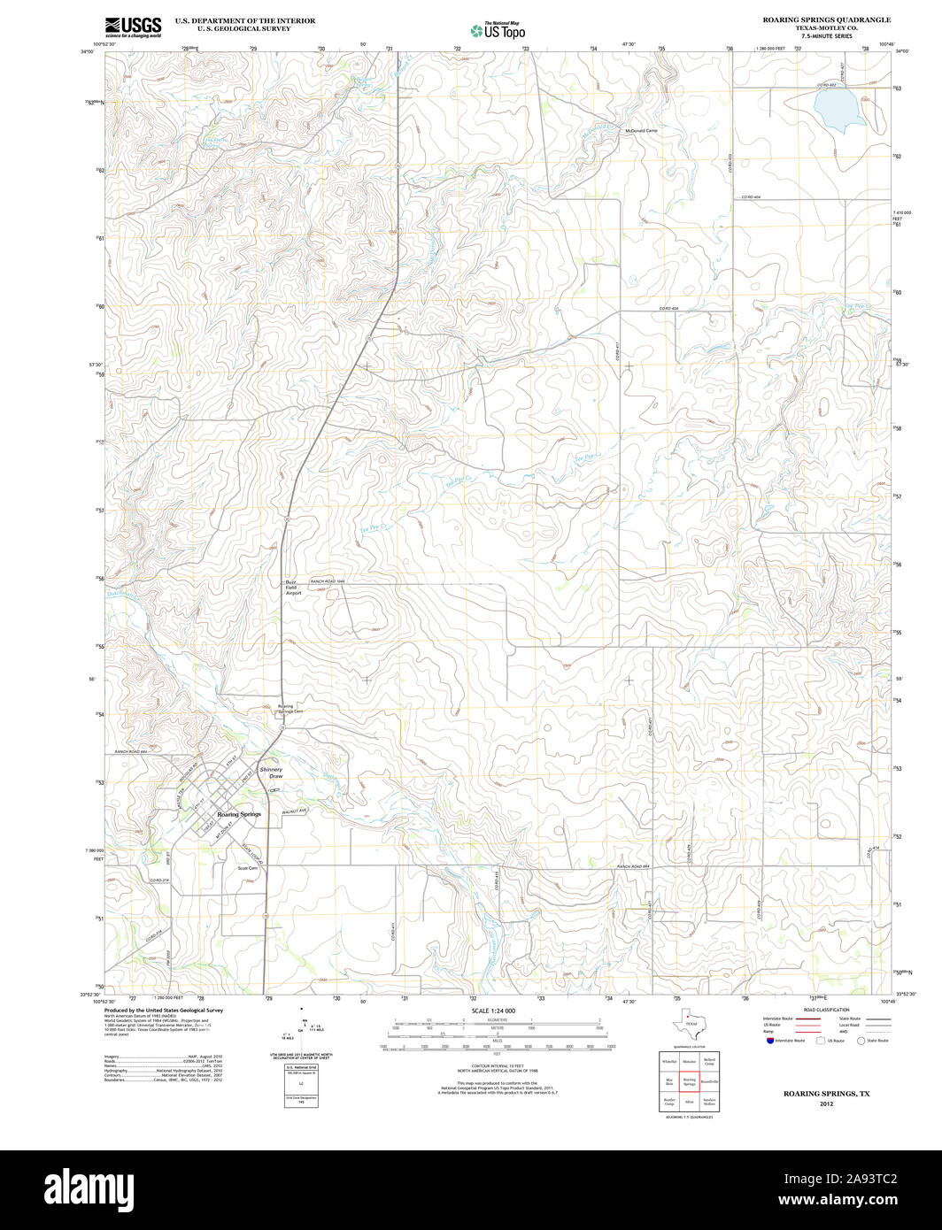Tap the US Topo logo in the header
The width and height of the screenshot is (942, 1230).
coord(497,30)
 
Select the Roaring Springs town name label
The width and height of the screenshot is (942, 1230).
coord(239,813)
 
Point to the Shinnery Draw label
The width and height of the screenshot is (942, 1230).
coord(270,773)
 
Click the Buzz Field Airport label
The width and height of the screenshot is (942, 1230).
coord(293,588)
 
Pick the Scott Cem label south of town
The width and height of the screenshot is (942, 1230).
coord(247,868)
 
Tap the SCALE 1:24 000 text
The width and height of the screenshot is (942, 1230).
coord(493,1011)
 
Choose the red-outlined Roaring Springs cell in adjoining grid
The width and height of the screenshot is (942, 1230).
coord(689,1081)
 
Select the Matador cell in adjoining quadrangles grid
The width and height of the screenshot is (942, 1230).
coord(689,1060)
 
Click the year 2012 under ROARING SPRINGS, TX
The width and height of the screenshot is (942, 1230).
coord(826,1103)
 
